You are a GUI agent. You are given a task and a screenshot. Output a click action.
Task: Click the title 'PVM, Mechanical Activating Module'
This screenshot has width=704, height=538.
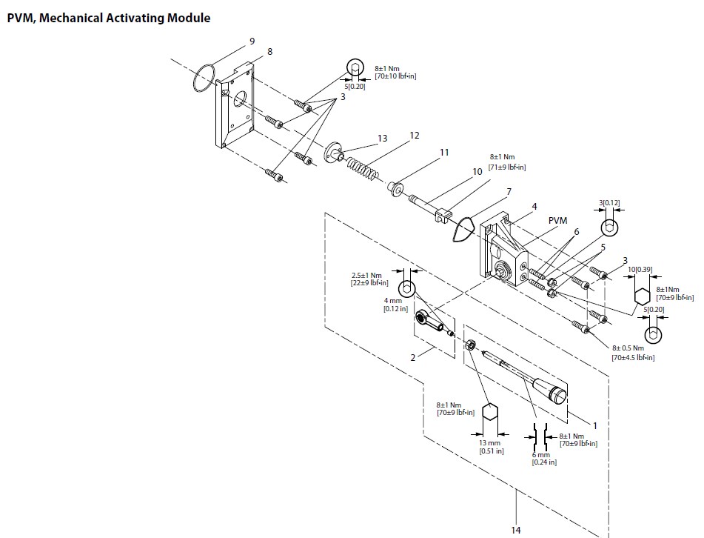click(108, 18)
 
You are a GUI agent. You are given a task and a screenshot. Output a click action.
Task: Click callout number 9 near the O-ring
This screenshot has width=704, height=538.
click(252, 41)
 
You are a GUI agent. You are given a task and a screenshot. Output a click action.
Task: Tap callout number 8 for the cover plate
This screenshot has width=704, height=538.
click(269, 51)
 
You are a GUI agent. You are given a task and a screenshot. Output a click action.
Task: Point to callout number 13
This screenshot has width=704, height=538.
click(382, 139)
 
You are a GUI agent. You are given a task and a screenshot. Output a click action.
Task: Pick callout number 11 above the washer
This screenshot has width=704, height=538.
click(444, 152)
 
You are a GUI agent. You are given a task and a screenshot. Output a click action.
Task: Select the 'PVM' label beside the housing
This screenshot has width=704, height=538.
click(557, 220)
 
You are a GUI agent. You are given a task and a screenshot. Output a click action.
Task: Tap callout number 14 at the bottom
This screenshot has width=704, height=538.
click(516, 529)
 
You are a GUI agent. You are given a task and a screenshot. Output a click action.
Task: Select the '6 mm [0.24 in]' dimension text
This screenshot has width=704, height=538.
click(544, 459)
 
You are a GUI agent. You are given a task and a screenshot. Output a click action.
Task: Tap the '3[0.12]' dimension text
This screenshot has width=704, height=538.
click(609, 202)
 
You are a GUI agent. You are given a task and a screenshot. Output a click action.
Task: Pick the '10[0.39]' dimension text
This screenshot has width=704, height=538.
click(639, 268)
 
